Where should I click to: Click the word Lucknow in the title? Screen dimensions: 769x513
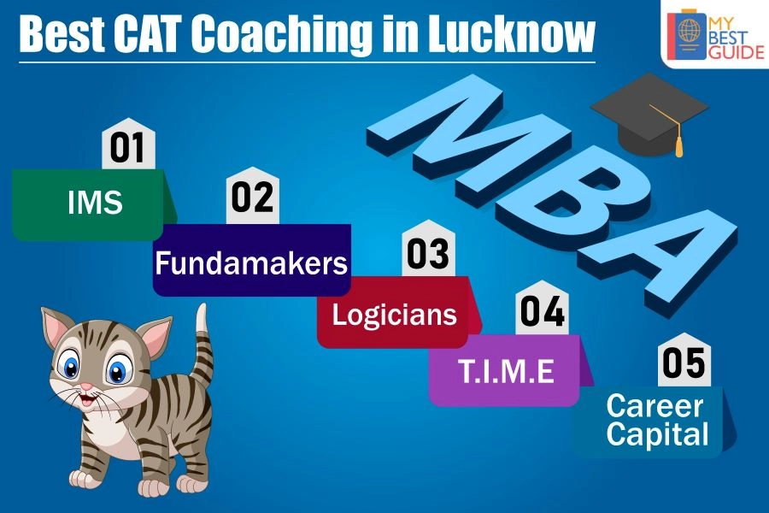click(x=511, y=33)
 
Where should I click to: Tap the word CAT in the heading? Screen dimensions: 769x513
click(x=146, y=33)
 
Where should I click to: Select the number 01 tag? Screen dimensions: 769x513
click(x=128, y=144)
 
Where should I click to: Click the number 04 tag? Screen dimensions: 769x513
click(x=542, y=310)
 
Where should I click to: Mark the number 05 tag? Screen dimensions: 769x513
click(x=684, y=361)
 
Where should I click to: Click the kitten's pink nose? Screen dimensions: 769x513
click(x=86, y=386)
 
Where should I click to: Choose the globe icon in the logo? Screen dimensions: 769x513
click(x=689, y=29)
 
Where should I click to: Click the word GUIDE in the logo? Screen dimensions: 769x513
click(x=737, y=52)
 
